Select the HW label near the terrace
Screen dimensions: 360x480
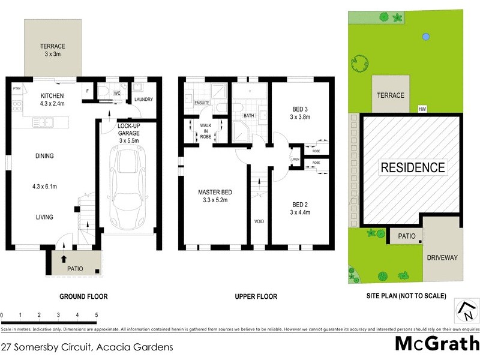(x=422, y=109)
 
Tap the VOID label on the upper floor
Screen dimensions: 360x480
(x=259, y=221)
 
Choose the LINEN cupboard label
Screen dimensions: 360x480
(x=295, y=159)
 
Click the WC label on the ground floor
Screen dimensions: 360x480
(x=118, y=94)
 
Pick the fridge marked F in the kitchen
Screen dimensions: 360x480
(x=88, y=91)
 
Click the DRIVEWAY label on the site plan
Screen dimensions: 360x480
(x=442, y=257)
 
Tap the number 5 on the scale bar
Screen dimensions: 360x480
(x=96, y=314)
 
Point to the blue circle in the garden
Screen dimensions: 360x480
(x=425, y=37)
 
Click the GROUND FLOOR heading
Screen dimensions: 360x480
(x=83, y=296)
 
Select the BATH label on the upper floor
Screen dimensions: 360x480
(x=249, y=115)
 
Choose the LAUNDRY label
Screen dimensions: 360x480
(x=144, y=100)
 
